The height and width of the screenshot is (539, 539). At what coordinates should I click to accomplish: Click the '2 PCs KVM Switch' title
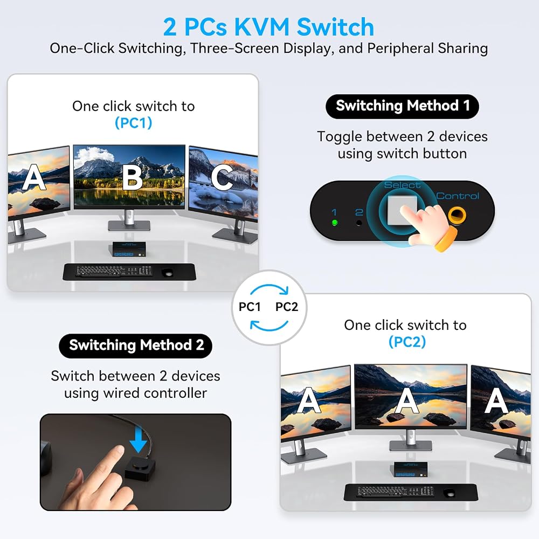[268, 27]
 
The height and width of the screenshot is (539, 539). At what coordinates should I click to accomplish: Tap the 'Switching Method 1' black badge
[402, 106]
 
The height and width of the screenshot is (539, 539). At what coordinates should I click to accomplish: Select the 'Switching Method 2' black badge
[135, 345]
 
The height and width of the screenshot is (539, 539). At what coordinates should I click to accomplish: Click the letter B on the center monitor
[133, 177]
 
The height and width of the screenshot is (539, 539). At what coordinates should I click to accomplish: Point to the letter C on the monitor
[222, 177]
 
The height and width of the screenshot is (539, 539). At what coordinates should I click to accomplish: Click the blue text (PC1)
[133, 123]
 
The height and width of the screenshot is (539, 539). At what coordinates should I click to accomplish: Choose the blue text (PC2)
[407, 342]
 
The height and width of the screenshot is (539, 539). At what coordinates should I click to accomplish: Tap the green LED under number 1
[335, 223]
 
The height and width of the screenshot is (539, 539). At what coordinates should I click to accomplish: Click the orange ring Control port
[457, 216]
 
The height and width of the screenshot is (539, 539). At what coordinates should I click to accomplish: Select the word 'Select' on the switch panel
[402, 185]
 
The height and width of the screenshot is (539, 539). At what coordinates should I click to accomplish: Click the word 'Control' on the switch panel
[458, 196]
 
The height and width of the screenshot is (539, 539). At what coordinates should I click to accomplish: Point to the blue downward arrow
[139, 439]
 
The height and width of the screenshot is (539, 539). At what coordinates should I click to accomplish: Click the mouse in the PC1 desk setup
[168, 273]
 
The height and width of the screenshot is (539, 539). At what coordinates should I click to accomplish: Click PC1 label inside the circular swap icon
[250, 307]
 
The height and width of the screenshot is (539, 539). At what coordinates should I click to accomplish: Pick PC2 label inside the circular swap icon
[287, 307]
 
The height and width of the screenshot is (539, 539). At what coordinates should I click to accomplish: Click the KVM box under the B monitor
[129, 249]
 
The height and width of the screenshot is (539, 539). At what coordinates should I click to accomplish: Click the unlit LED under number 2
[359, 223]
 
